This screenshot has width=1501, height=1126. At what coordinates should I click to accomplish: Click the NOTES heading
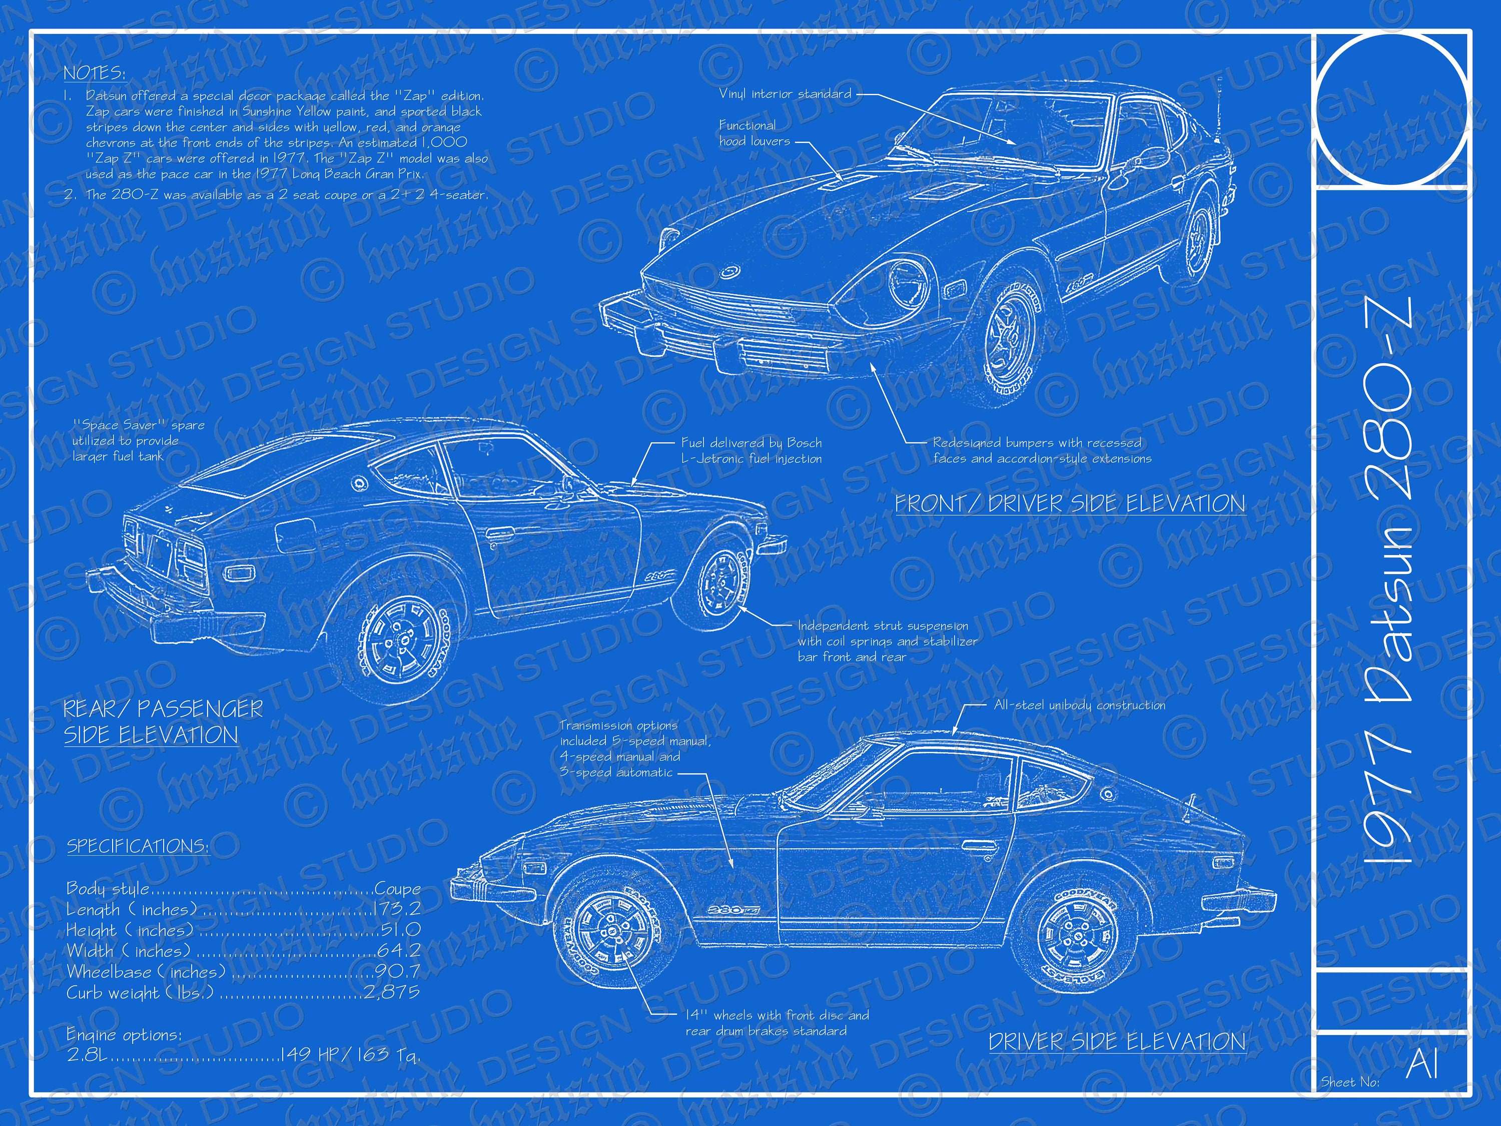coord(95,73)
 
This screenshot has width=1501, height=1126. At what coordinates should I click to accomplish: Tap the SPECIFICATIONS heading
coord(137,846)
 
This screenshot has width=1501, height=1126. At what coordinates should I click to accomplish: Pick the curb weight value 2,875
coord(392,992)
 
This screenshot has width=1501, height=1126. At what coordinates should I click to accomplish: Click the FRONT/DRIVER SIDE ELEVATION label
coord(1070,503)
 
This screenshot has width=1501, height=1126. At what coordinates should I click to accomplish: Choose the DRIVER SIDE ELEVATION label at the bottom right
coord(1117,1042)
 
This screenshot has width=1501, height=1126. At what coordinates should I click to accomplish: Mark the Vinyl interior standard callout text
coord(785,94)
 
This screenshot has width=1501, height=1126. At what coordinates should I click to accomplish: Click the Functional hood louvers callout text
coord(754,133)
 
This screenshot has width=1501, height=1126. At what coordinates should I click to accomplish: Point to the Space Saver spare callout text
coord(139,440)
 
